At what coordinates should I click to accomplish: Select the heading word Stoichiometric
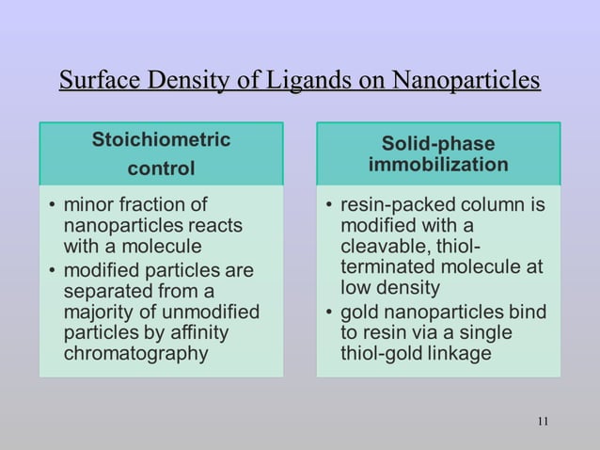[x=161, y=140]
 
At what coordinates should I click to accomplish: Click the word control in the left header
[x=161, y=169]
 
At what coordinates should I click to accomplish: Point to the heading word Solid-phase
[x=438, y=143]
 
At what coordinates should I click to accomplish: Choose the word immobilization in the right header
[x=438, y=166]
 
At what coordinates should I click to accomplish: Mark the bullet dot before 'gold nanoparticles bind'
[x=329, y=313]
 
